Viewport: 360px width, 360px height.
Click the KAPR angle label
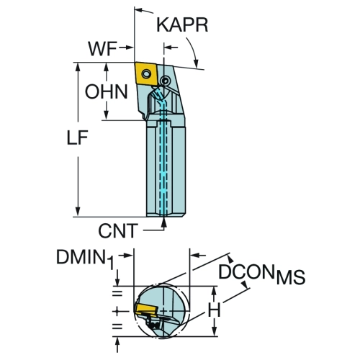(182, 25)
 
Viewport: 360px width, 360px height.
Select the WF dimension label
(102, 49)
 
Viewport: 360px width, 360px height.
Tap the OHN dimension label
(107, 91)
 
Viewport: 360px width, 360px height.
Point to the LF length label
(77, 138)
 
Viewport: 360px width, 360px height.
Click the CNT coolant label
(118, 230)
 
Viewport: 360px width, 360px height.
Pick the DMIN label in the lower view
(81, 257)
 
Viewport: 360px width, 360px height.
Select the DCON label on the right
(246, 271)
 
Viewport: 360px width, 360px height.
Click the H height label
(214, 310)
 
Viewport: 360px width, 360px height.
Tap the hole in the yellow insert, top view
(146, 73)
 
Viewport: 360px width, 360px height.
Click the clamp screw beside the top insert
(165, 81)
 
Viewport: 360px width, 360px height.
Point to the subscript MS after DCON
(291, 277)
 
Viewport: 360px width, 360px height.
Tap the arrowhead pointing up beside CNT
(164, 222)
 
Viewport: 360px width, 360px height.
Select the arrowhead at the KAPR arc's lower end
(196, 63)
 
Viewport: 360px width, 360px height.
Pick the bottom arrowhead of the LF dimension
(78, 212)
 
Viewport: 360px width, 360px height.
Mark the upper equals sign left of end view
(117, 294)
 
